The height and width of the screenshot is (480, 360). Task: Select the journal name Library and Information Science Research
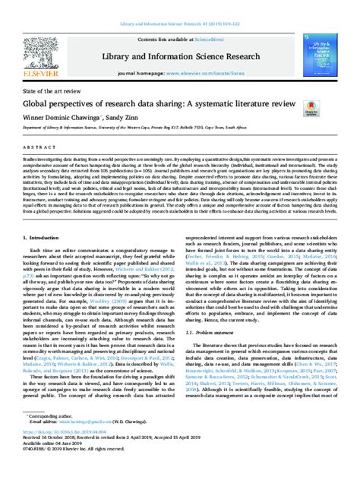180,57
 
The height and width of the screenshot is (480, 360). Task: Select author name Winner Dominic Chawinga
65,120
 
